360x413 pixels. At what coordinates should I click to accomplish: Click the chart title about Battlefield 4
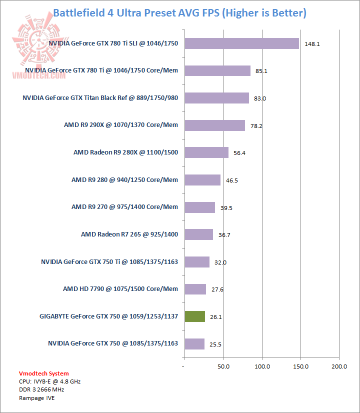pyautogui.click(x=179, y=12)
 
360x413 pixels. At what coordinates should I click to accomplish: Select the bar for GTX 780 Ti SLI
pyautogui.click(x=241, y=43)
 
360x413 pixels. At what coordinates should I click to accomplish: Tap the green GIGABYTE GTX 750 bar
pyautogui.click(x=194, y=316)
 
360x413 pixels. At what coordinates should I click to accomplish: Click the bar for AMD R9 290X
pyautogui.click(x=214, y=125)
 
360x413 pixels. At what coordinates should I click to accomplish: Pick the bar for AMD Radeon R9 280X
pyautogui.click(x=206, y=152)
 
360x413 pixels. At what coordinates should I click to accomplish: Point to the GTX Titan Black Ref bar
pyautogui.click(x=216, y=98)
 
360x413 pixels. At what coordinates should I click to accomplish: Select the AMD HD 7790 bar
pyautogui.click(x=195, y=289)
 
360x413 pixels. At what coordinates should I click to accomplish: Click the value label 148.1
pyautogui.click(x=312, y=44)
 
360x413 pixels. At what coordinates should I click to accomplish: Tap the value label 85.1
pyautogui.click(x=261, y=71)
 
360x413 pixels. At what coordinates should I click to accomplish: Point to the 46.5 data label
pyautogui.click(x=231, y=180)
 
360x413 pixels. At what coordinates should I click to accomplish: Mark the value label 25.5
pyautogui.click(x=215, y=344)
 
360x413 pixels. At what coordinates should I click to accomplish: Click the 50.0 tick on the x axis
pyautogui.click(x=223, y=367)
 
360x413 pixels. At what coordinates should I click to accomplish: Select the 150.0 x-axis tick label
pyautogui.click(x=300, y=367)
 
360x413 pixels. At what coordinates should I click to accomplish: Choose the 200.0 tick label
pyautogui.click(x=339, y=367)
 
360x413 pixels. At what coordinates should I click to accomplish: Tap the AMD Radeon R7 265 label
pyautogui.click(x=129, y=234)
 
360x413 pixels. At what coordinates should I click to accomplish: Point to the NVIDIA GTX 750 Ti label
pyautogui.click(x=109, y=261)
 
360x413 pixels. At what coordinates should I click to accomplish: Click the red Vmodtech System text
pyautogui.click(x=44, y=373)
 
